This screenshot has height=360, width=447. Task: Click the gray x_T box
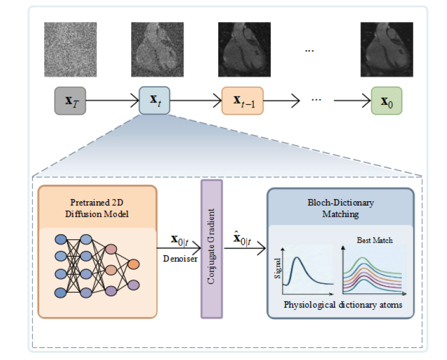pos(70,101)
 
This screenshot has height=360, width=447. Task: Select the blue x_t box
pos(154,100)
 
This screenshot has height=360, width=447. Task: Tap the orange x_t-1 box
pos(243,101)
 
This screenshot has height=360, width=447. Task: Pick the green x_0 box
pos(386,101)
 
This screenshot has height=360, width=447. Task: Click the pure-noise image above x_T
pos(71,50)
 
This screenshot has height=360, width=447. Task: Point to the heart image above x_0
pos(386,50)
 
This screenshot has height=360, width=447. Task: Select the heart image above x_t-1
pos(244,50)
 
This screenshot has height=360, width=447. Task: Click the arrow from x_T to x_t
pos(112,100)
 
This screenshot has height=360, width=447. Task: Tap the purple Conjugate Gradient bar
pos(212,249)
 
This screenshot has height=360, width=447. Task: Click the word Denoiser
pos(180,259)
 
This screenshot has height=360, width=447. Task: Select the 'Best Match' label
pos(375,240)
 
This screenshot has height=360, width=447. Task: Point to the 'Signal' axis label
pos(277,268)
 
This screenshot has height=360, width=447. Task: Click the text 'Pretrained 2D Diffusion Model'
pos(96,208)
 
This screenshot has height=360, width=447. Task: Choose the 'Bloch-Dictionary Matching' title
pos(341,208)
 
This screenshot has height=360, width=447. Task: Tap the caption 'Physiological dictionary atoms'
pos(343,305)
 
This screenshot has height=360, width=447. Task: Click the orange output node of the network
pos(133,264)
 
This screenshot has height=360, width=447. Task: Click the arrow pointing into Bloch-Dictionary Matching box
pos(245,248)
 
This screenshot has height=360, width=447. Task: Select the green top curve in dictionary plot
pos(372,266)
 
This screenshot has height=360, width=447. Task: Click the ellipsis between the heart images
pos(309,51)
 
